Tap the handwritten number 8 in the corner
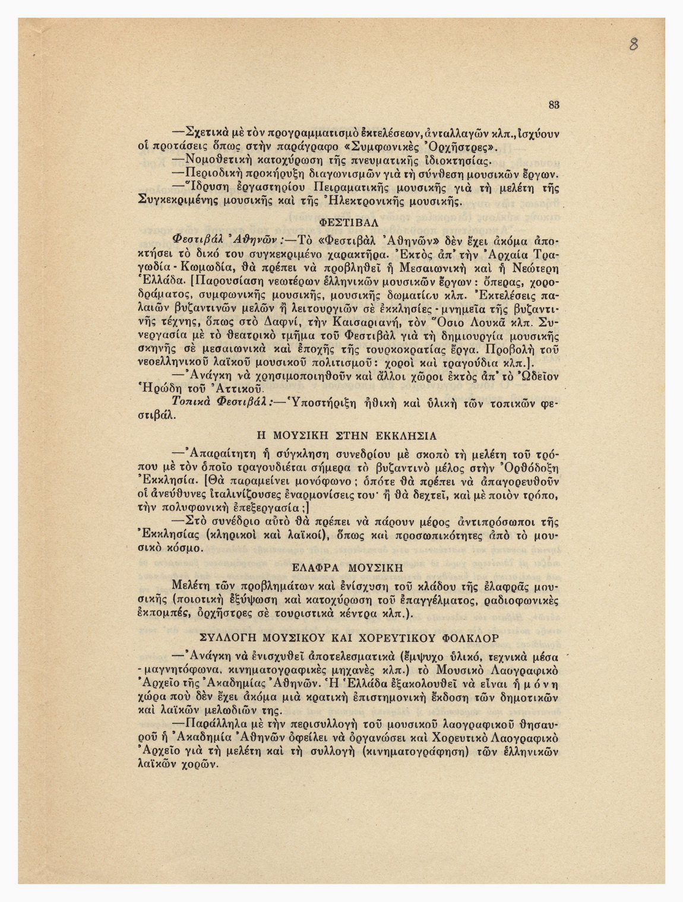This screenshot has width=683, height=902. (634, 44)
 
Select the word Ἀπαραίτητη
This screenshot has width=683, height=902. (221, 454)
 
